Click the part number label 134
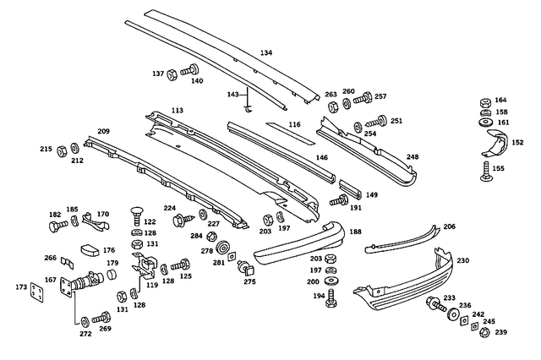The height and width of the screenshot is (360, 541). (x=266, y=52)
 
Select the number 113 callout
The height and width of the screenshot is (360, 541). (x=177, y=110)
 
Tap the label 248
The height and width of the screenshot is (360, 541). (x=412, y=156)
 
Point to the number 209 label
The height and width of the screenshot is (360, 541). (x=103, y=131)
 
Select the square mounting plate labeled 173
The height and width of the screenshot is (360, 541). (x=36, y=292)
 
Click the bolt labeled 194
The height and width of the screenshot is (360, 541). (x=331, y=297)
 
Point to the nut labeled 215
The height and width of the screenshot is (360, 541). (x=62, y=151)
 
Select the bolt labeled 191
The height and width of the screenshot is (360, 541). (x=341, y=201)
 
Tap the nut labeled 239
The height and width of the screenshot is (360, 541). (x=484, y=332)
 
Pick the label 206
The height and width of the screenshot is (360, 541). (x=449, y=226)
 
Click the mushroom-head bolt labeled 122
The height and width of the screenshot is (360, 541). (x=135, y=210)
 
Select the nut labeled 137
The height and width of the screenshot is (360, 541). (x=172, y=74)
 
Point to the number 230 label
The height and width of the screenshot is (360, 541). (x=462, y=261)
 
